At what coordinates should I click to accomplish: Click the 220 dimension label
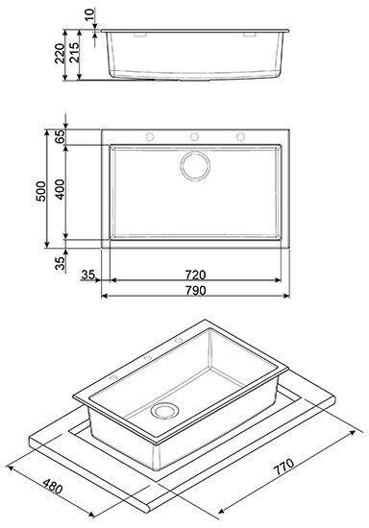60,53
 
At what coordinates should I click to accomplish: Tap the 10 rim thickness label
89,14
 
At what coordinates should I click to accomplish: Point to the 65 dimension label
60,136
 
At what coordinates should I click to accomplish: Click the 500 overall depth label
40,191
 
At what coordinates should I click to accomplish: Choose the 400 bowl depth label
60,189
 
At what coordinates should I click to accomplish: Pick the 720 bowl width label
195,276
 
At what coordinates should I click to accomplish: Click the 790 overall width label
195,290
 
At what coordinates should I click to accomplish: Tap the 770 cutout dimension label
283,466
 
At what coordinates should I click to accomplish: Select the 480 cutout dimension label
53,485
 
